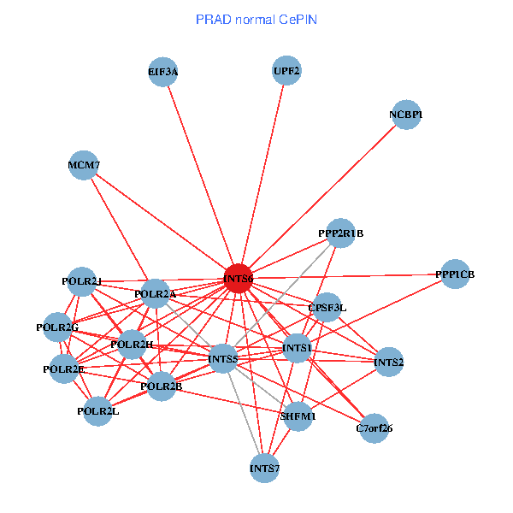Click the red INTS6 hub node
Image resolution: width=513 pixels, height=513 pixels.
coord(238,279)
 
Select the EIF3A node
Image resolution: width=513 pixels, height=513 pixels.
coord(163,73)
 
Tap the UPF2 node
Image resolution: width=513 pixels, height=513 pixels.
coord(287,71)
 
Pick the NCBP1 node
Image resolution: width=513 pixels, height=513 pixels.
coord(406,115)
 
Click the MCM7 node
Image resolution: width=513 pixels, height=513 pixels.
coord(85,165)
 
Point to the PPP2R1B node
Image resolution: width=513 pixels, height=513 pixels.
coord(340,233)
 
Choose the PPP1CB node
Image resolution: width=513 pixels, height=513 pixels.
coord(454,274)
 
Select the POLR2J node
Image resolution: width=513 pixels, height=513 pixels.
coord(82,281)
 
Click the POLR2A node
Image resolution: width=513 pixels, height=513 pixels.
coord(156,294)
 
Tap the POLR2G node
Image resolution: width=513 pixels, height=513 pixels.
coord(57,327)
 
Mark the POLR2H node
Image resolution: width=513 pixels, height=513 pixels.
coord(133,344)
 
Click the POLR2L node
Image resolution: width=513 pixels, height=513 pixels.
coord(98,411)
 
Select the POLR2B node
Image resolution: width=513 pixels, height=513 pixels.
coord(162,386)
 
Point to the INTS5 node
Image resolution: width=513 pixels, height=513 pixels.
coord(223,358)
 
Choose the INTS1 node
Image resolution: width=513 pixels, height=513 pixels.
coord(297,348)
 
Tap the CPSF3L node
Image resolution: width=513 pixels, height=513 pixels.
coord(327,307)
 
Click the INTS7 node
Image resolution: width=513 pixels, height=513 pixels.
coord(264,468)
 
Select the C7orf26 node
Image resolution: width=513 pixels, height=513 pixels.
coord(374,427)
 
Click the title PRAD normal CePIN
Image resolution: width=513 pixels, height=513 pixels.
coord(256,19)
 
